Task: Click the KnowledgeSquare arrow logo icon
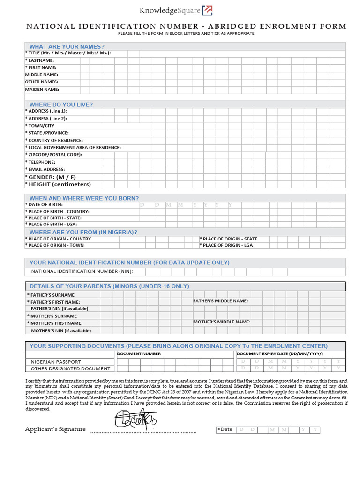click(x=207, y=10)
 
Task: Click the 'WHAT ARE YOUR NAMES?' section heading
click(x=67, y=46)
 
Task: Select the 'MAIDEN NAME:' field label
click(x=42, y=89)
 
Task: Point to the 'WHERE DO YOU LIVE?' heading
click(x=61, y=105)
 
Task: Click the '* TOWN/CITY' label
click(x=40, y=126)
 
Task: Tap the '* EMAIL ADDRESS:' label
click(x=45, y=169)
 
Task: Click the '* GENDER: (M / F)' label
click(x=51, y=177)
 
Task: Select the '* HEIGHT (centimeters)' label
click(x=58, y=184)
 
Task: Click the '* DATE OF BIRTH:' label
click(x=44, y=205)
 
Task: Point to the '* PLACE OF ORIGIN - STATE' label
click(x=228, y=239)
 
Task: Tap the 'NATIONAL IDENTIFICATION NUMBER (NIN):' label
click(x=82, y=271)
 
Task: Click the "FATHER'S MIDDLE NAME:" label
click(x=221, y=301)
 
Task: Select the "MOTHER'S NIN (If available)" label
click(x=60, y=330)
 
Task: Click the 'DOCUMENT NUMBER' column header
click(x=139, y=354)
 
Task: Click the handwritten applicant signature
click(x=135, y=419)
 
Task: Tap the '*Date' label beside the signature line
click(x=225, y=429)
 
